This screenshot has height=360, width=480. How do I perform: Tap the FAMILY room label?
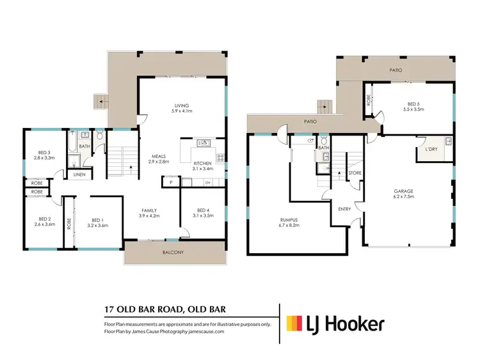coord(148,214)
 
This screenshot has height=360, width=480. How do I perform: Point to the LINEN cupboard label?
coord(79,175)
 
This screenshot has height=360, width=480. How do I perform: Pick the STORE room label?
coord(354,173)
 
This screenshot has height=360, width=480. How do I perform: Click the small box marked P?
coord(171,183)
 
